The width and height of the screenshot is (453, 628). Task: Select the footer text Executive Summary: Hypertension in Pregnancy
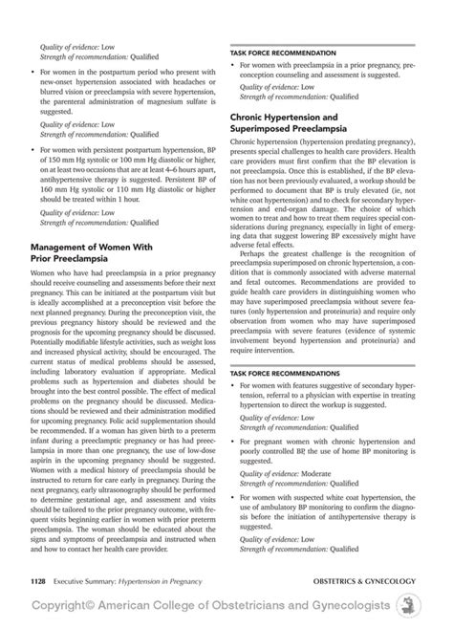pyautogui.click(x=120, y=579)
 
